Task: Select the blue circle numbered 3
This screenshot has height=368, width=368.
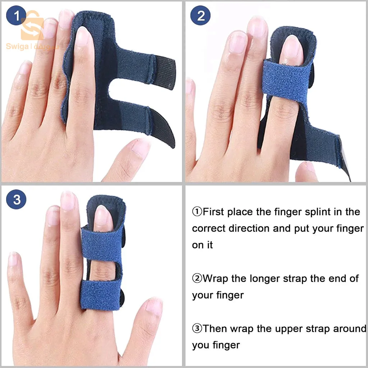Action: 16,199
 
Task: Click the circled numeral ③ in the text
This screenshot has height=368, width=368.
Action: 197,329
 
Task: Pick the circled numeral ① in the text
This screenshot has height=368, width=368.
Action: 197,212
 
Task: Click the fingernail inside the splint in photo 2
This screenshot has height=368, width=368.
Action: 291,50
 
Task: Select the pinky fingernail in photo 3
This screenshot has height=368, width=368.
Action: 13,259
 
